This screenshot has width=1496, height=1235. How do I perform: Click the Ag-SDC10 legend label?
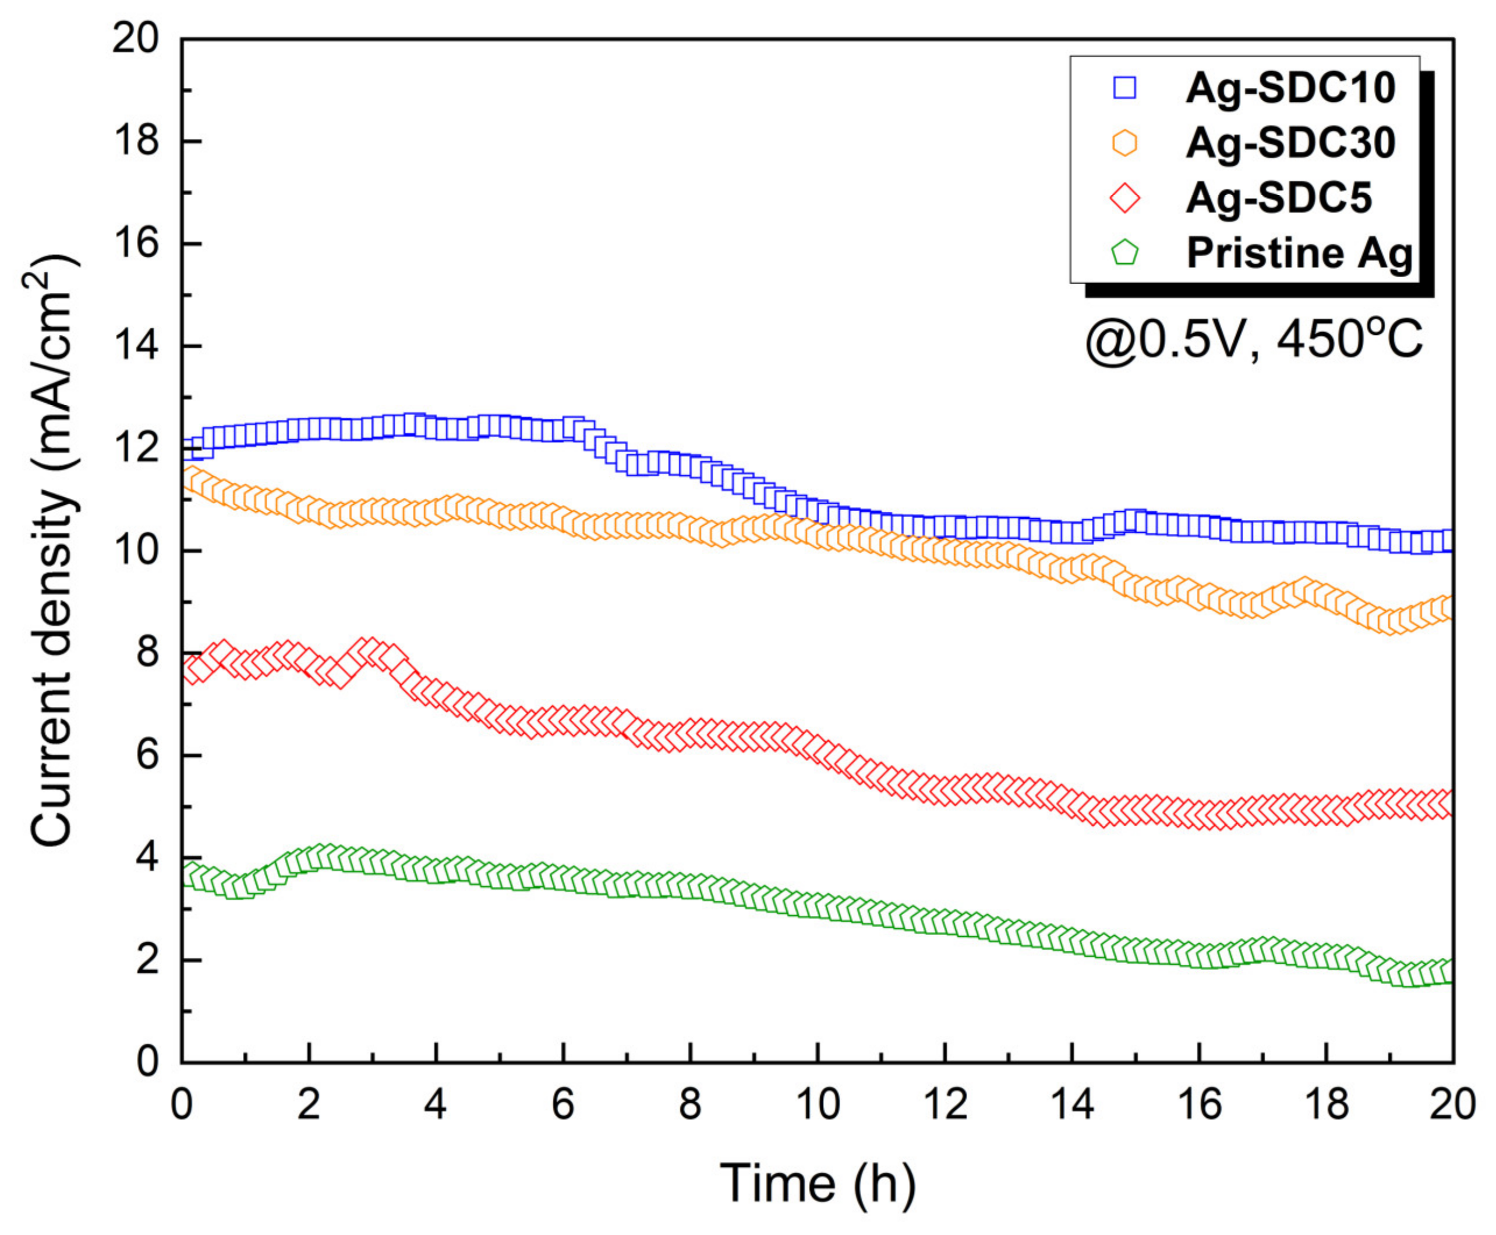[1290, 89]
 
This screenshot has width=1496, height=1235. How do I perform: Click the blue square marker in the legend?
[1124, 89]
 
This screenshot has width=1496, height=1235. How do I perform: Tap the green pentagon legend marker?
[1124, 252]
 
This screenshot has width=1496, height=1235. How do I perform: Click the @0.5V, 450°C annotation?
[1253, 340]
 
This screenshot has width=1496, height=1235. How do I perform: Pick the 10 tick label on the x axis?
[818, 1105]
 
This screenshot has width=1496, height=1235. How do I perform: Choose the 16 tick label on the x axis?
[1200, 1105]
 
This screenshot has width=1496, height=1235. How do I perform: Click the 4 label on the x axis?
[436, 1105]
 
